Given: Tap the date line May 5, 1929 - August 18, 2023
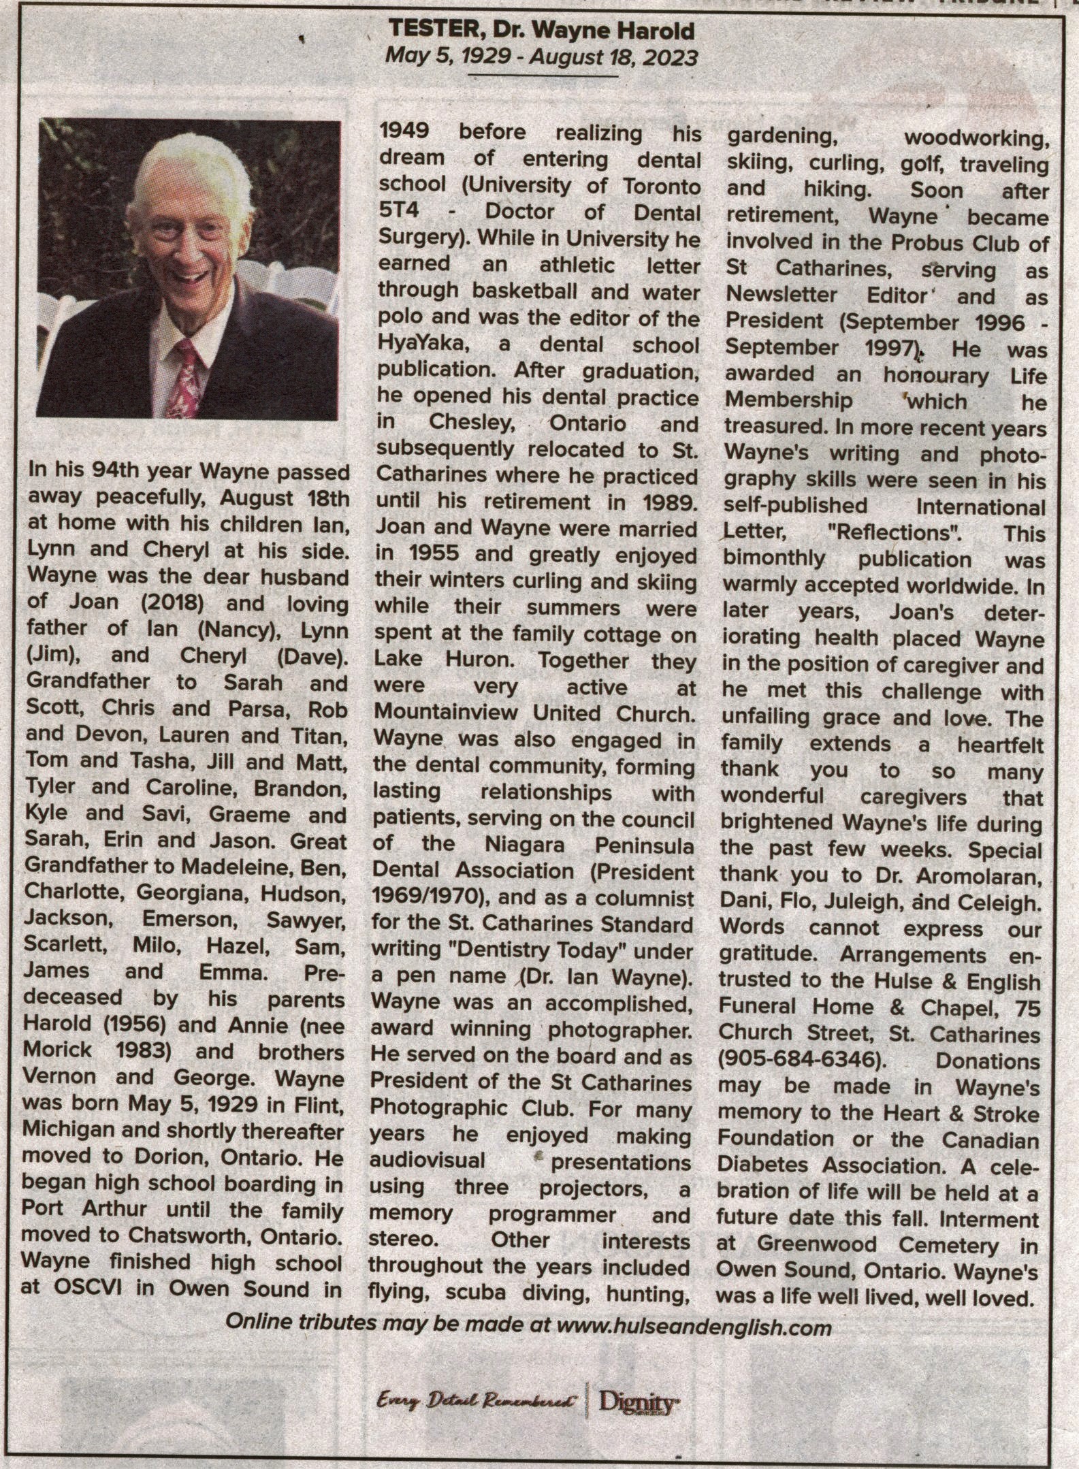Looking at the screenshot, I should click(x=541, y=57).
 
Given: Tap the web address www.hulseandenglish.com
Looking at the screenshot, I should click(x=694, y=1327).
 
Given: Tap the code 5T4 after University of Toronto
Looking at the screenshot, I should click(x=396, y=212).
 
